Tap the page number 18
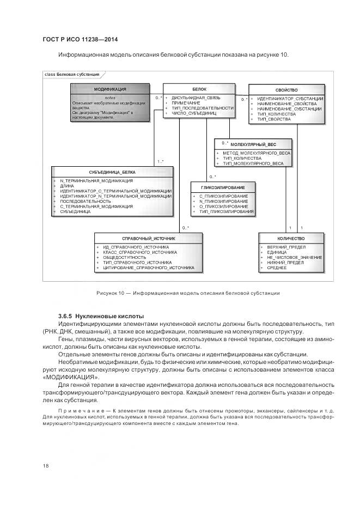[x=45, y=465]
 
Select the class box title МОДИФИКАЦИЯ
[x=110, y=89]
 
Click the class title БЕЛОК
[x=199, y=89]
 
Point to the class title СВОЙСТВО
[x=286, y=89]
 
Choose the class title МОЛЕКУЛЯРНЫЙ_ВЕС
[x=253, y=144]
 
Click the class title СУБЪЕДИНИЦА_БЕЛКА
[x=113, y=172]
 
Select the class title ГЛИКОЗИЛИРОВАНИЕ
[x=222, y=187]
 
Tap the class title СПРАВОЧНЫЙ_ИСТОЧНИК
[x=148, y=238]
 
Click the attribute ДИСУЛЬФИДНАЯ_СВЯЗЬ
[x=196, y=98]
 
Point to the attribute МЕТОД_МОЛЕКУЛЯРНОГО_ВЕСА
[x=257, y=153]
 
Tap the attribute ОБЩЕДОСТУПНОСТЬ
[x=125, y=257]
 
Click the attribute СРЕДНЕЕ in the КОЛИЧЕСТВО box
[x=277, y=268]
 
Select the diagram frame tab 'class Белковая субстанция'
[x=71, y=74]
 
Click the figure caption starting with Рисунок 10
[x=188, y=293]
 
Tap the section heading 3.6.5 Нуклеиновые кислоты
[x=101, y=316]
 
